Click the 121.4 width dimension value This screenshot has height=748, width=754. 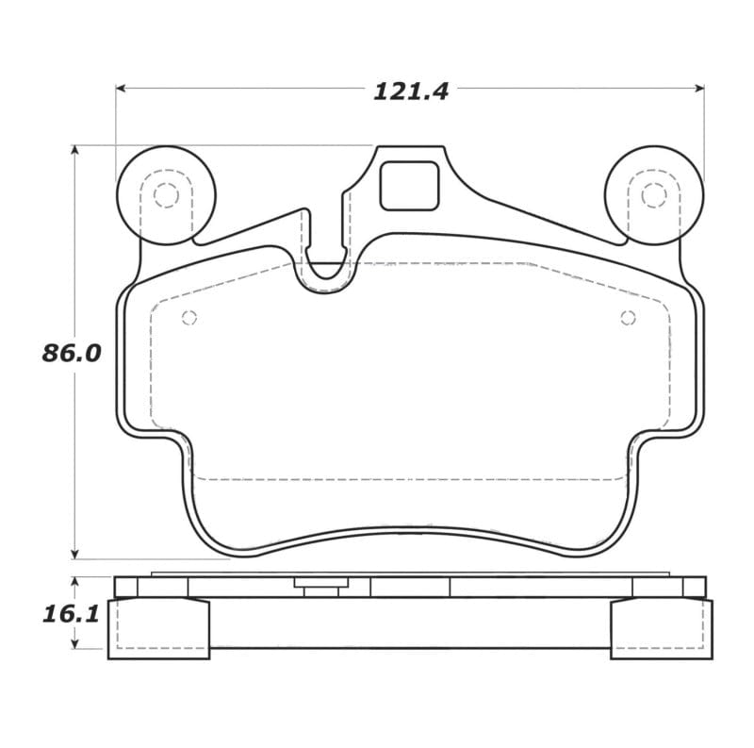click(411, 91)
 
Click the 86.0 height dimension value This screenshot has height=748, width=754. click(71, 354)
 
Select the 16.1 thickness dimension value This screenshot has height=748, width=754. click(71, 614)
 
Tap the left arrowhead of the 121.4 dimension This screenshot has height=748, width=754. click(121, 88)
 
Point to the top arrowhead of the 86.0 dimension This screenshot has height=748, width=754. click(74, 150)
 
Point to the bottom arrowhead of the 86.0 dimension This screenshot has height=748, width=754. click(74, 554)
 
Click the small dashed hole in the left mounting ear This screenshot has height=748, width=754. click(166, 195)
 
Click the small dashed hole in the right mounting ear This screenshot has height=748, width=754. click(653, 195)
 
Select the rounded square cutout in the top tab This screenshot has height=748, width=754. click(409, 186)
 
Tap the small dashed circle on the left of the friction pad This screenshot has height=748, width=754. click(188, 318)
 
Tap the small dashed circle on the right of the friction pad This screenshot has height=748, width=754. click(628, 318)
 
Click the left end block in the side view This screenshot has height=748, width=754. click(158, 628)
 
